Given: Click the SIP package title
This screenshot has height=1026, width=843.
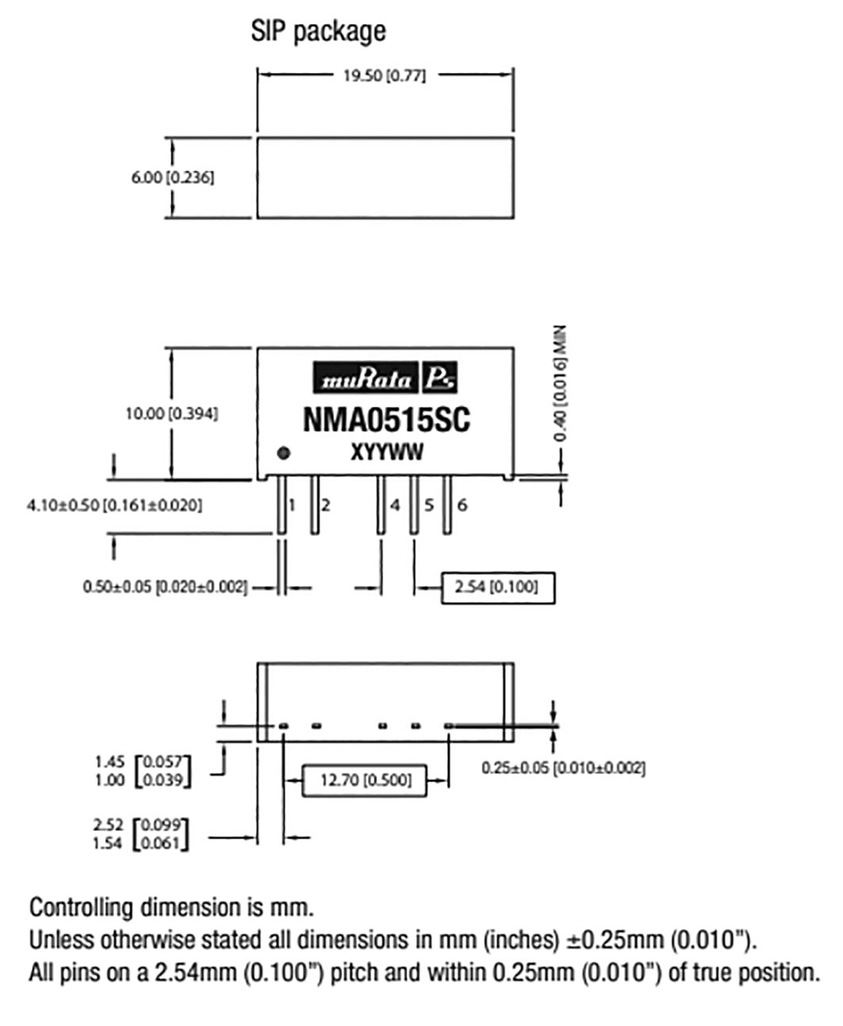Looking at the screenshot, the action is point(318,32).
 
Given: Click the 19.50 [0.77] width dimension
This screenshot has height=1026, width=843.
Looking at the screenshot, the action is point(385,76).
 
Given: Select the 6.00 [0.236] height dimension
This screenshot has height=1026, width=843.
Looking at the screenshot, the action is point(173,178).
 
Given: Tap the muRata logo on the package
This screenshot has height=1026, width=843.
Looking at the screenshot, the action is point(385,377).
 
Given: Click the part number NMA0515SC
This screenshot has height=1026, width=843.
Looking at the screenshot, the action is point(386,420).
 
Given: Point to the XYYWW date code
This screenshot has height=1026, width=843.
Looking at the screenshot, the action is point(387,453).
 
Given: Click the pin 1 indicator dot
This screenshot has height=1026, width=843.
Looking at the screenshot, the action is point(283,454).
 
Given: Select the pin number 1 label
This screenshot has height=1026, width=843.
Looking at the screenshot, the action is point(292,505).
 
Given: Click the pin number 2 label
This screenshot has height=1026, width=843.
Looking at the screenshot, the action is point(326,505).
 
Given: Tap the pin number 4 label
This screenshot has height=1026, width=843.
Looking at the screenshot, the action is point(395,505).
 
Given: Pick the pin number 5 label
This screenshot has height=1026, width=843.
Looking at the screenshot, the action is point(429,505).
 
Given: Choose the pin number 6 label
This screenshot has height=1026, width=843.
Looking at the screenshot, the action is point(462,505).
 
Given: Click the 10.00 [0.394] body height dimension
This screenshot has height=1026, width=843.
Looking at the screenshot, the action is point(172,414).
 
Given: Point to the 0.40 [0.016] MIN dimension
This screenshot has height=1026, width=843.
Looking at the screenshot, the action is point(560,383).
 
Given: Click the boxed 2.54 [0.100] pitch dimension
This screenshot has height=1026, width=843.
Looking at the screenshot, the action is point(498,588).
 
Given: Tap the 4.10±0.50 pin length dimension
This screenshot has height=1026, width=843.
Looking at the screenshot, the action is point(114,505).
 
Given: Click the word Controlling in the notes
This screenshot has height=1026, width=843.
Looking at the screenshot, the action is point(81,908).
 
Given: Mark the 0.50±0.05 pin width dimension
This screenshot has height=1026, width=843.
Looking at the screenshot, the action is point(165,588).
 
